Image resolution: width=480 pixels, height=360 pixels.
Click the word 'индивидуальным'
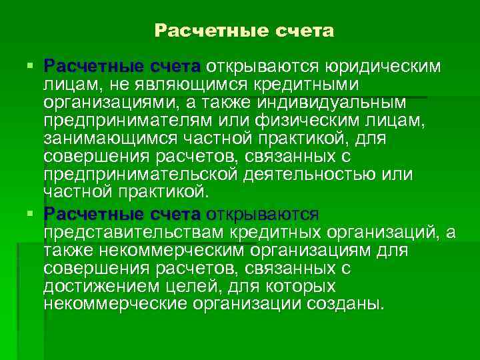(334, 103)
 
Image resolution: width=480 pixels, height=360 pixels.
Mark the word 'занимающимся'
(113, 139)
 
